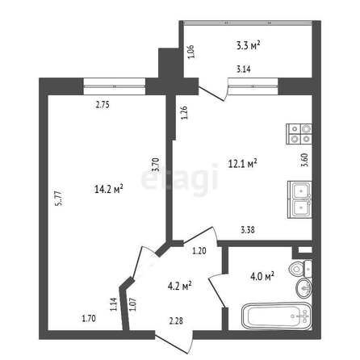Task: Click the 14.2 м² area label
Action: click(x=109, y=189)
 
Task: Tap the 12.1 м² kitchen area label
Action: click(x=243, y=163)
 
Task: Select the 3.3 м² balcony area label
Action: click(x=248, y=45)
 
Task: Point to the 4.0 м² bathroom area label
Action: click(x=262, y=276)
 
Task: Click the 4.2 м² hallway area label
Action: click(x=180, y=286)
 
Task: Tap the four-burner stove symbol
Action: click(x=299, y=133)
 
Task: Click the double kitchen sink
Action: click(x=299, y=199)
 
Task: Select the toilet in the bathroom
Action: click(x=300, y=269)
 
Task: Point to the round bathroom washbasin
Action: click(x=304, y=288)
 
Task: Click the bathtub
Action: click(x=277, y=316)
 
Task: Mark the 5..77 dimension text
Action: click(x=59, y=199)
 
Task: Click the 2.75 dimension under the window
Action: click(x=103, y=104)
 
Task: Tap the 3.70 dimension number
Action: click(x=156, y=165)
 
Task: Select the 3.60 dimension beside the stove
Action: click(x=304, y=160)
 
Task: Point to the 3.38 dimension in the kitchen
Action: click(x=248, y=230)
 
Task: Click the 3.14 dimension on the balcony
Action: click(x=244, y=69)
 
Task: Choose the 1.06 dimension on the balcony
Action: click(x=190, y=52)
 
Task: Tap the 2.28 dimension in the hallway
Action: click(x=176, y=320)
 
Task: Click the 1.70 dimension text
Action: click(x=89, y=319)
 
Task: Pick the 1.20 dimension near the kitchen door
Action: click(x=199, y=251)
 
